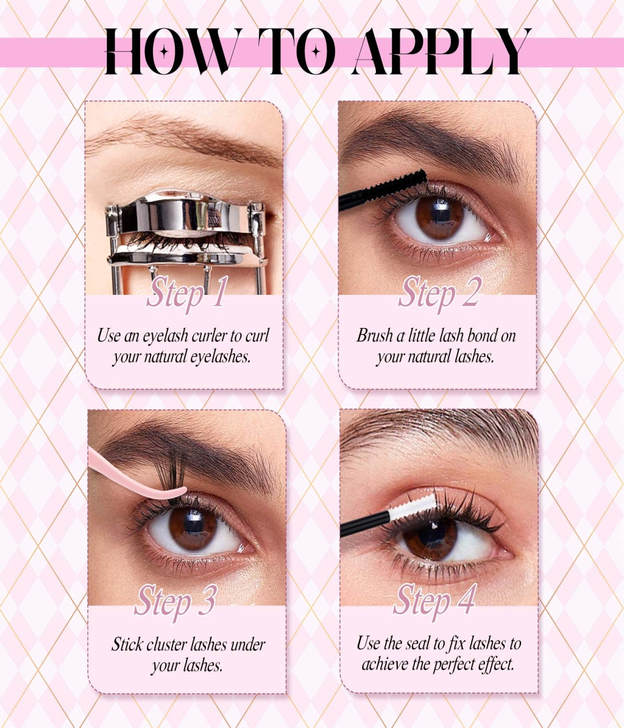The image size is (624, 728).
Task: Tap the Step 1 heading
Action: (x=187, y=292)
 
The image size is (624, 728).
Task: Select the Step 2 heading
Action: (x=440, y=292)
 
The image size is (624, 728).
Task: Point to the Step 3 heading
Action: (x=175, y=601)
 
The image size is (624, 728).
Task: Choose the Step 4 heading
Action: (x=435, y=600)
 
